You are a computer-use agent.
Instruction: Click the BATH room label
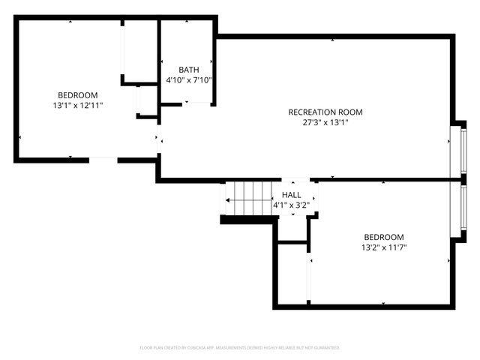click(189, 70)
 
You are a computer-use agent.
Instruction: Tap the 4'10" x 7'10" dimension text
click(189, 79)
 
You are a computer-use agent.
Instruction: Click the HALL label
click(292, 194)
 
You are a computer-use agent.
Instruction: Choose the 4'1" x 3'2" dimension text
click(292, 204)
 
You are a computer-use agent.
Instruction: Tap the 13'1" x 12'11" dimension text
click(77, 106)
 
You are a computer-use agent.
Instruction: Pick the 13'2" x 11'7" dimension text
click(384, 247)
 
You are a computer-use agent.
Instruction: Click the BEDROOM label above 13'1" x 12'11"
click(78, 95)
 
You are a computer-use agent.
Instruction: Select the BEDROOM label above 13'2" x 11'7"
click(384, 236)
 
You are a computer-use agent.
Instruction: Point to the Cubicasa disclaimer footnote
click(240, 348)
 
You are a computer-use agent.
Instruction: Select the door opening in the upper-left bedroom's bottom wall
click(103, 160)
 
